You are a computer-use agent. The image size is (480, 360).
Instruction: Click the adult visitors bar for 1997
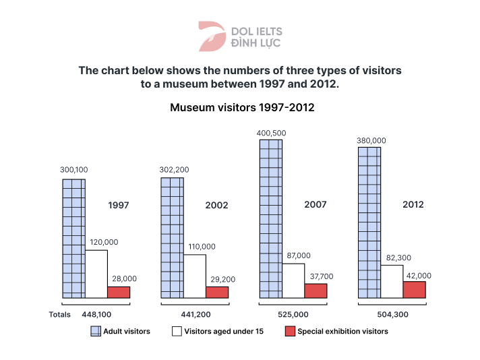click(x=74, y=238)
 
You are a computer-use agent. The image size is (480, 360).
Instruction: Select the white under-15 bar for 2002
click(x=195, y=276)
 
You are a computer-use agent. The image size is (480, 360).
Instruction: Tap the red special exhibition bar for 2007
click(x=316, y=291)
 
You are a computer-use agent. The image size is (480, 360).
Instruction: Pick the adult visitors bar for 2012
click(x=369, y=222)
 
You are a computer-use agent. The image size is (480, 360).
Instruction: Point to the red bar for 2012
click(x=415, y=289)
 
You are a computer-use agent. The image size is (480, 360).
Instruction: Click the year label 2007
click(x=316, y=204)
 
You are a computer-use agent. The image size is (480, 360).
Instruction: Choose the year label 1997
click(x=119, y=205)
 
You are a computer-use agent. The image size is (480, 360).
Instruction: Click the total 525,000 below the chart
click(x=293, y=314)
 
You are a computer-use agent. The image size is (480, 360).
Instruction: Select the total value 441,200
click(x=194, y=314)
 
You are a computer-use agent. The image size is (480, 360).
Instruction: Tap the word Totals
click(x=60, y=314)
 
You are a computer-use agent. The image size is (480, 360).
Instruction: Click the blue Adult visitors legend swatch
click(x=96, y=331)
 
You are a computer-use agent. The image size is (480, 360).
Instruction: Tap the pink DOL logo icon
click(x=211, y=36)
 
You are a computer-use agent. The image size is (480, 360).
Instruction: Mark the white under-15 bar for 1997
click(x=96, y=274)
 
